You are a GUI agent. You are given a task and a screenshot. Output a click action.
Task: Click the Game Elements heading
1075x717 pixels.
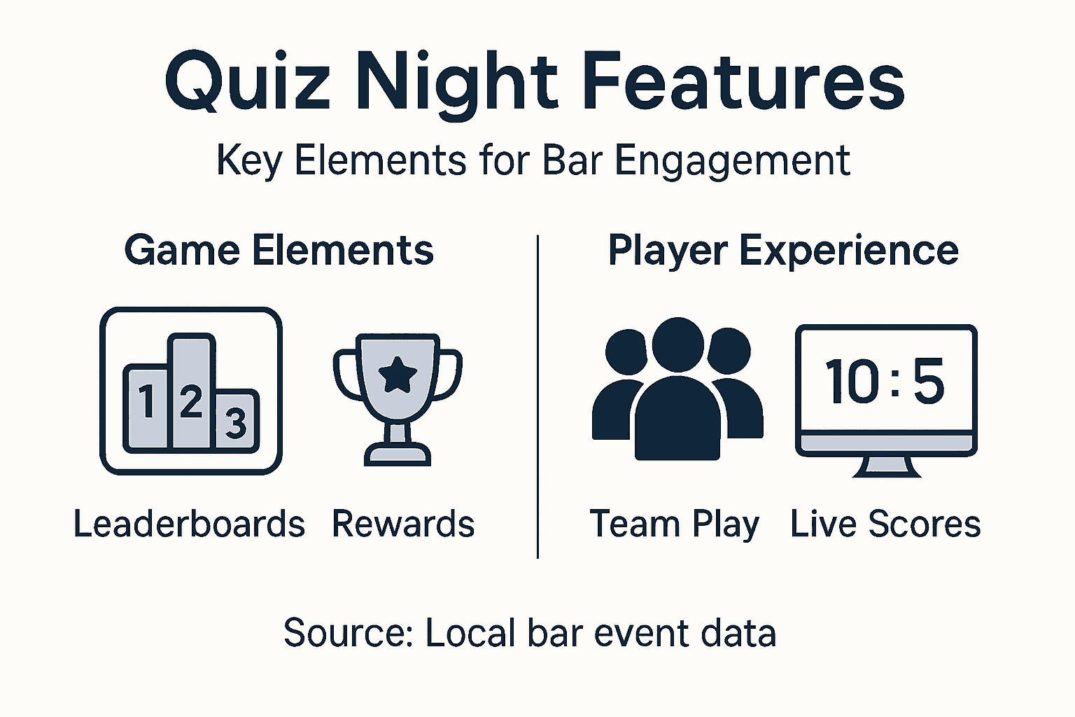point(279,251)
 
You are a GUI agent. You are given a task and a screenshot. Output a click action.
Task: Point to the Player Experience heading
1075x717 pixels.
point(782,251)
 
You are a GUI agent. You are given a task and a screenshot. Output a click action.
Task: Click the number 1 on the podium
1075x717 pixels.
point(146,401)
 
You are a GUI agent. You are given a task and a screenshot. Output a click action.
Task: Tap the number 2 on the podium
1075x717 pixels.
point(190,401)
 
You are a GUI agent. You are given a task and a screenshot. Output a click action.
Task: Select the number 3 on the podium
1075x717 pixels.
point(236,423)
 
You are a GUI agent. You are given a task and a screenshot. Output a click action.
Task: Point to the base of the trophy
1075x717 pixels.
point(398,455)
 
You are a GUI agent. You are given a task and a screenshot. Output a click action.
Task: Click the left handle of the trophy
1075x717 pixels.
point(344,375)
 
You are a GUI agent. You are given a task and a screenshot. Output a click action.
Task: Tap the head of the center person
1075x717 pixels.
point(677,345)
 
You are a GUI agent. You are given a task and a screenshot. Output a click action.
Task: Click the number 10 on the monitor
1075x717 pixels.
point(852,382)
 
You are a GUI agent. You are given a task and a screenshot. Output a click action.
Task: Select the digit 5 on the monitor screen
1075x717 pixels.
point(929,382)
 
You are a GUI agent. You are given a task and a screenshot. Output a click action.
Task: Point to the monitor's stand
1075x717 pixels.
point(886,466)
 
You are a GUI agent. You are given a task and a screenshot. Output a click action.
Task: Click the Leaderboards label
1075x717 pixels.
point(189,524)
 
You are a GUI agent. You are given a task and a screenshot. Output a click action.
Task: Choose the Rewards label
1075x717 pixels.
point(403,524)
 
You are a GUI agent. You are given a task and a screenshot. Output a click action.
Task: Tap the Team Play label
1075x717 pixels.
point(674,524)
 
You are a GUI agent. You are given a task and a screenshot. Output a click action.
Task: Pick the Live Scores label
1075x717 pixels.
point(885,524)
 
